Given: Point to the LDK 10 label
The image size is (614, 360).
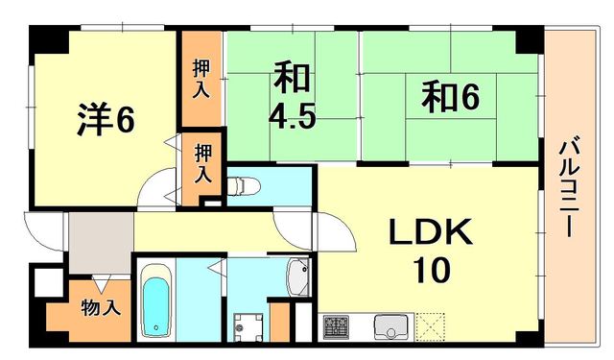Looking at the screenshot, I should pos(430,251).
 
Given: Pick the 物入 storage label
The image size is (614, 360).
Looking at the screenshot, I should pos(100,309).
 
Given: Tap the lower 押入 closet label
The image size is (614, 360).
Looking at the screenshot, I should pos(203,164).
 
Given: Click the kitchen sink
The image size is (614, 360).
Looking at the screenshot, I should pos(391,325).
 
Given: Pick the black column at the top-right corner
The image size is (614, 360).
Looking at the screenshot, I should pos(528,39).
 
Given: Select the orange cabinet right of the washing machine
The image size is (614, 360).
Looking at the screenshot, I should pos(279,322).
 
